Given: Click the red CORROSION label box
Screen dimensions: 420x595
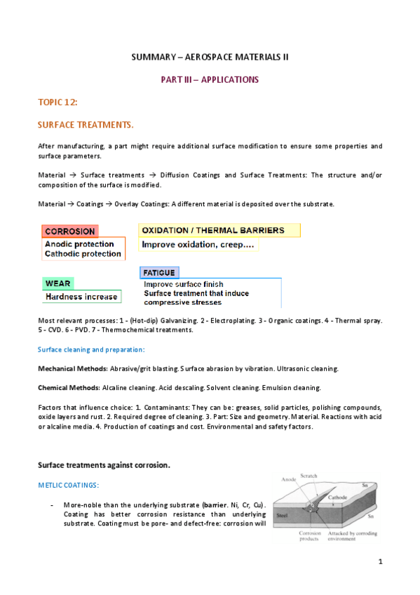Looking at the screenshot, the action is click(x=69, y=231).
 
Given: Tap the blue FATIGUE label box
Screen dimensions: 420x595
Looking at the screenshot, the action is click(x=159, y=272).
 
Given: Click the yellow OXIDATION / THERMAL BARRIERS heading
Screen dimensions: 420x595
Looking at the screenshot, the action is click(x=213, y=230).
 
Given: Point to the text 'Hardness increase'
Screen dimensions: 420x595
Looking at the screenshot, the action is click(x=81, y=297).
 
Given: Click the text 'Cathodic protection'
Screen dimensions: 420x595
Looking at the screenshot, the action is click(x=83, y=254).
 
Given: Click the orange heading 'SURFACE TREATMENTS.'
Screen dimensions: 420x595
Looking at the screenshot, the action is click(x=85, y=125).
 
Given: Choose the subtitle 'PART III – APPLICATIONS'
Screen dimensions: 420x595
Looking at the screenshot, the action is click(x=210, y=79).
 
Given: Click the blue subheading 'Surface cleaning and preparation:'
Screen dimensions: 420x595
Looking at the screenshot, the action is click(x=91, y=349).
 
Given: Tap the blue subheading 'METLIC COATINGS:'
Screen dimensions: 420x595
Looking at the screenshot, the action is click(x=68, y=485).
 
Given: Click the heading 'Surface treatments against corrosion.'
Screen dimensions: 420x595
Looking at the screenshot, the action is click(x=104, y=464).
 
